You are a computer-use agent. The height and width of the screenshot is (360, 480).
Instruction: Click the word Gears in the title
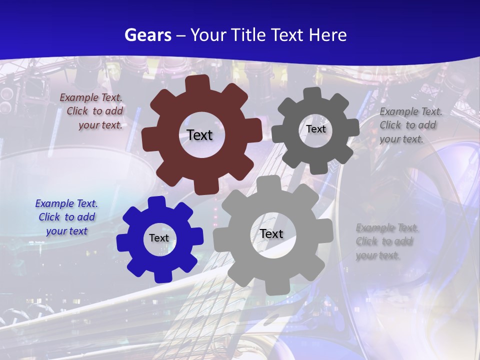(147, 35)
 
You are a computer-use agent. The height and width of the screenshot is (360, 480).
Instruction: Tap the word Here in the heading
(328, 35)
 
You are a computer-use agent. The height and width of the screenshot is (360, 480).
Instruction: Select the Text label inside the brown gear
(199, 135)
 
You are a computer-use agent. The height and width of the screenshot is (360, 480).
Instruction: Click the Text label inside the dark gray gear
(315, 129)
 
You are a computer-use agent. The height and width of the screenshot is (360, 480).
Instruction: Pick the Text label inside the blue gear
(159, 238)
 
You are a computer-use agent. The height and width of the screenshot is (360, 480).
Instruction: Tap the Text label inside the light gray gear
(271, 233)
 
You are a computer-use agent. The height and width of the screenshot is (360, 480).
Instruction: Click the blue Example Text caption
(66, 217)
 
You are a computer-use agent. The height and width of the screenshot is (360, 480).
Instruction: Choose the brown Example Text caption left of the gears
(92, 111)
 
